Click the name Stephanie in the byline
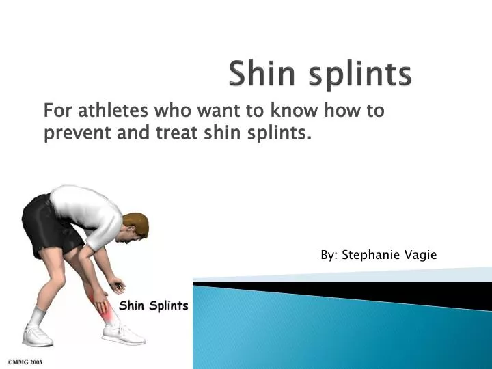374,255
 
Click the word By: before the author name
329,255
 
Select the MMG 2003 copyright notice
25,361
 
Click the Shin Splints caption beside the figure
153,305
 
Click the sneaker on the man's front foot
123,334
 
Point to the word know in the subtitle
299,111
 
